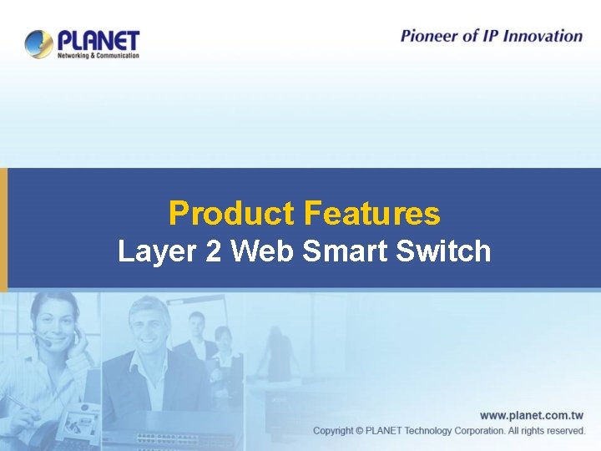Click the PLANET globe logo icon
tap(38, 43)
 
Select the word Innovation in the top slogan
tap(541, 36)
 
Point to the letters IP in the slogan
tap(488, 36)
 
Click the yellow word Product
tap(231, 214)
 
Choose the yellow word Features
tap(371, 214)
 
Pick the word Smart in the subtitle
tap(345, 251)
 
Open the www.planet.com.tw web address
tap(532, 415)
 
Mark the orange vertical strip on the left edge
tap(3, 229)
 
